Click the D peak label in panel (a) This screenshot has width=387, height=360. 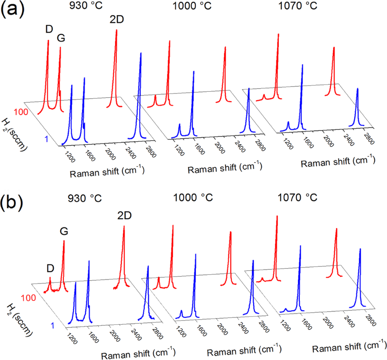pyautogui.click(x=49, y=28)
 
